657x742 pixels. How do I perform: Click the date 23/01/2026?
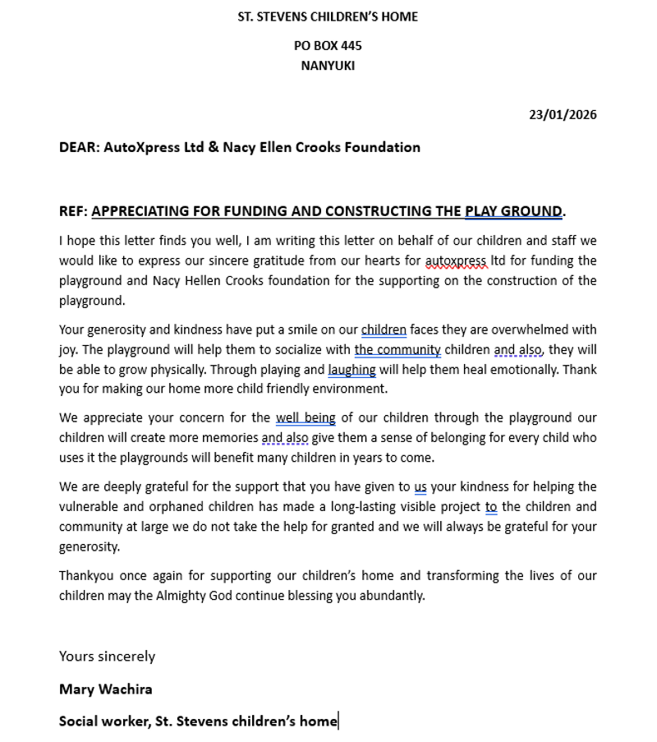tap(563, 115)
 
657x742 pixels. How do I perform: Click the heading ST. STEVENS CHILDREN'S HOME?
tap(328, 16)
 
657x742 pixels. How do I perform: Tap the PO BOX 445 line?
tap(328, 46)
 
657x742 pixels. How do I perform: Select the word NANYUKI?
tap(328, 66)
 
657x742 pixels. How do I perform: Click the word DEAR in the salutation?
tap(79, 148)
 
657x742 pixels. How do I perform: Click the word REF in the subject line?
tap(71, 211)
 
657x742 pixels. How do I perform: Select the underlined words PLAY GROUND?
tap(513, 211)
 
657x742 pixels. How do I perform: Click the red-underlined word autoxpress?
tap(456, 261)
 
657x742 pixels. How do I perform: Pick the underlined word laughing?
tap(351, 370)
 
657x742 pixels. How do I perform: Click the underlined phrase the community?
tap(397, 350)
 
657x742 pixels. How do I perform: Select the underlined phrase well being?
tap(306, 418)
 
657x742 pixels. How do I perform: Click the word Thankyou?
tap(86, 576)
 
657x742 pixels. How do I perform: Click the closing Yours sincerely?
tap(107, 657)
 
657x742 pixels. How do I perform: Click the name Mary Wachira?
tap(106, 689)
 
